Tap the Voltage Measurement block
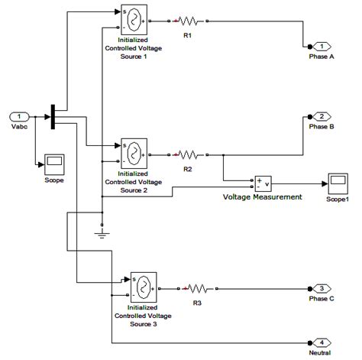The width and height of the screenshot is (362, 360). coord(263,183)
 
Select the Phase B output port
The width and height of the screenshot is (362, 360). coord(323,116)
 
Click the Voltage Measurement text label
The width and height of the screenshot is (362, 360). coord(262,197)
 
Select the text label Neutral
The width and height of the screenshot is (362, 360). coord(322,353)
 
